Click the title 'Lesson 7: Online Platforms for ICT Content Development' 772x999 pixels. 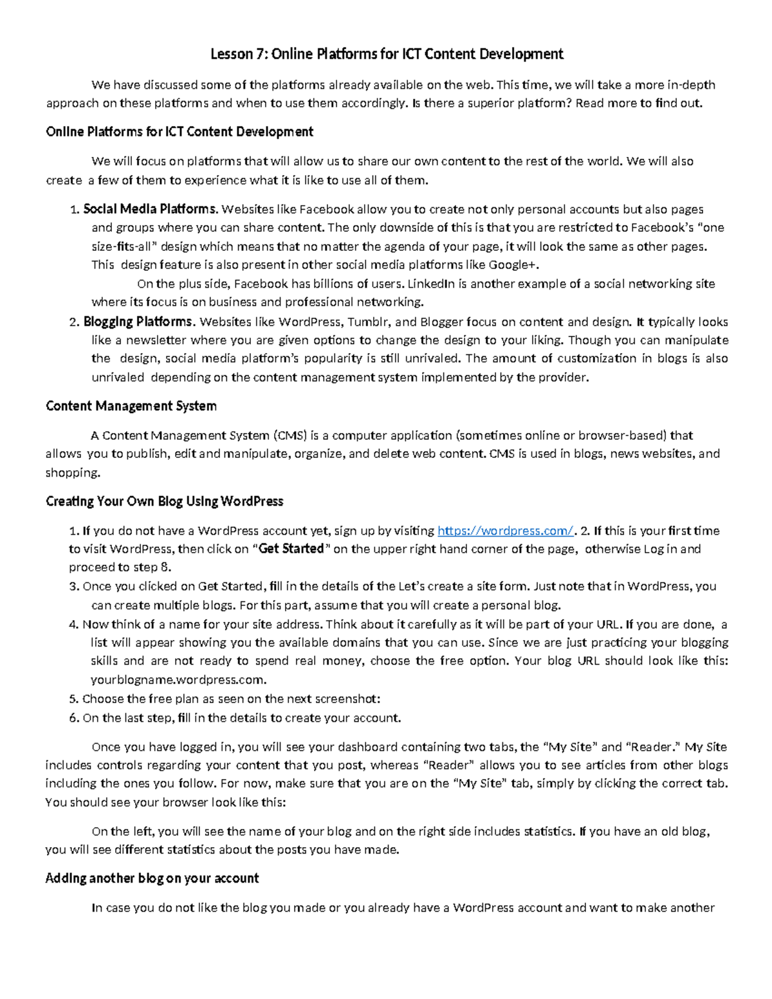point(387,54)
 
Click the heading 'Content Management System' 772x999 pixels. point(131,406)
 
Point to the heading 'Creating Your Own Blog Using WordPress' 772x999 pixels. point(165,501)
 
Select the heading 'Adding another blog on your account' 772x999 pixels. point(152,878)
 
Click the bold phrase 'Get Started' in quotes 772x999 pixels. point(291,549)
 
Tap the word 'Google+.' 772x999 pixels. point(514,264)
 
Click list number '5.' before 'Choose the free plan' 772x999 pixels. point(73,699)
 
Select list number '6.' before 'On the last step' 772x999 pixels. point(73,718)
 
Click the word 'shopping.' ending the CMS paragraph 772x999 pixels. point(73,473)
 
